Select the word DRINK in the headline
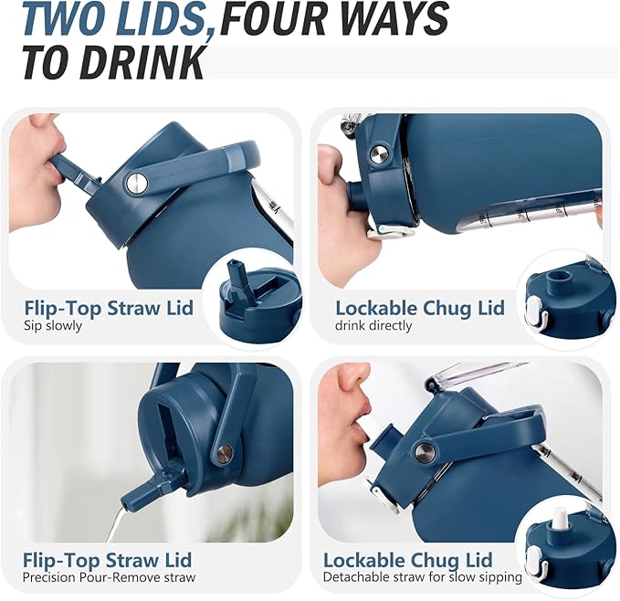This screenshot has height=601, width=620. click(143, 62)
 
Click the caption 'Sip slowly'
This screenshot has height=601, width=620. click(53, 326)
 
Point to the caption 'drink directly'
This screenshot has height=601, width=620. click(373, 326)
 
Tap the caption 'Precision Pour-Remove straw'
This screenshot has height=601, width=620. click(110, 577)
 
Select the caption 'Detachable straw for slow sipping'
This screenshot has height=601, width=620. click(423, 577)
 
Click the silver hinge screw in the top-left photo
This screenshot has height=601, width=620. click(137, 183)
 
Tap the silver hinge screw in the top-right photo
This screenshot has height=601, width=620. click(379, 154)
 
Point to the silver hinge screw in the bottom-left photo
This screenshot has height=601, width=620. click(225, 453)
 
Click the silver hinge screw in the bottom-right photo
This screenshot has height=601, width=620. click(426, 450)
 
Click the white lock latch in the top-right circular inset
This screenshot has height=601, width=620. click(535, 313)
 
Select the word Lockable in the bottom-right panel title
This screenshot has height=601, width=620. click(364, 560)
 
